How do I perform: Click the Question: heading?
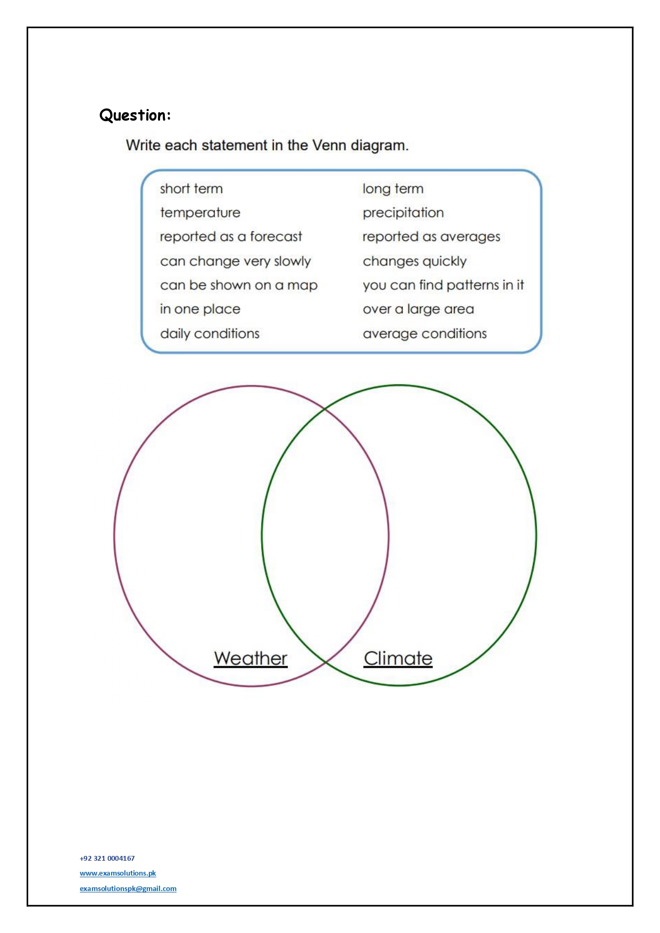coord(135,115)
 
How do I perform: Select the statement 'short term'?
coord(191,189)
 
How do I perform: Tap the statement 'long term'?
coord(393,189)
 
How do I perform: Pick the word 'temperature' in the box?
coord(200,213)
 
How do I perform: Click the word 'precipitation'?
coord(403,213)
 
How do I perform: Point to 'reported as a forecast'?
coord(231,237)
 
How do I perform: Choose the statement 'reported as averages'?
coord(431,237)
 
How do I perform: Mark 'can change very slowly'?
coord(236,261)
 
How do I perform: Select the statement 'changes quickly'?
coord(414,261)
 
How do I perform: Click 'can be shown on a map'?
coord(239,285)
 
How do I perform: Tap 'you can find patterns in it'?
coord(443,285)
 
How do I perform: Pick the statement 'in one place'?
coord(200,309)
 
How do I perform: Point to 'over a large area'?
coord(418,309)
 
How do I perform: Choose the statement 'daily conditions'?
coord(210,334)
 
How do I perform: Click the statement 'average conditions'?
coord(424,334)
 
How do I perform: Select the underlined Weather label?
coord(250,658)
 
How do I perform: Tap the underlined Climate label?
coord(398,658)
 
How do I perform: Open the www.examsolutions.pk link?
coord(118,873)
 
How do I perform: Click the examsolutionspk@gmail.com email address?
coord(128,888)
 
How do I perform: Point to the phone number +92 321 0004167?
coord(107,858)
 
